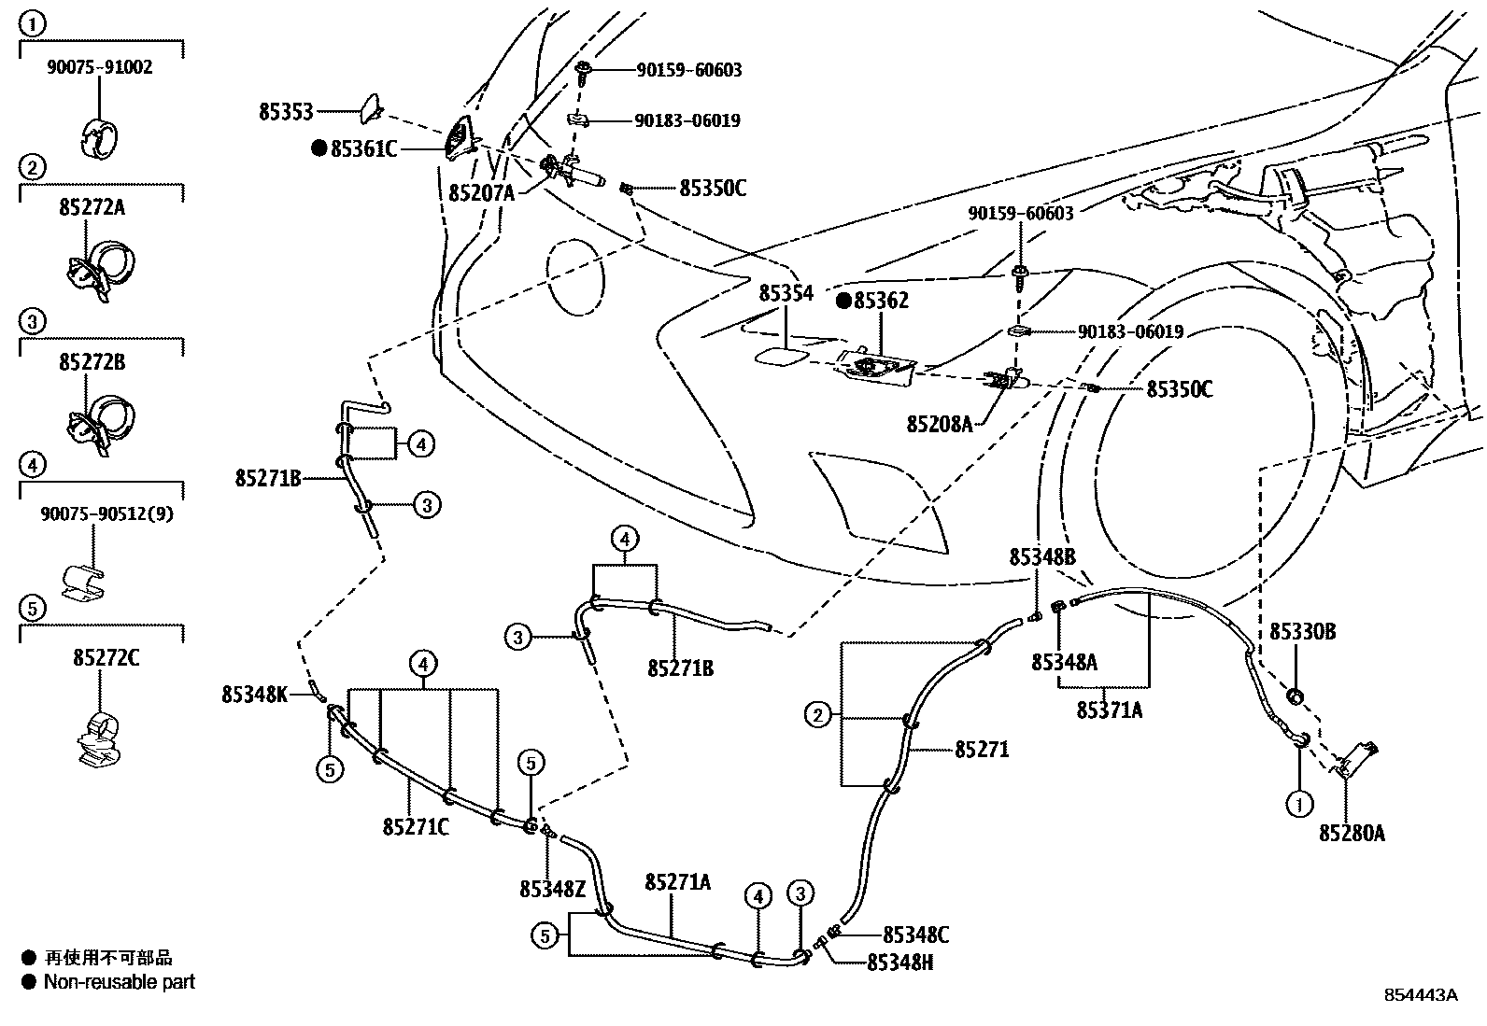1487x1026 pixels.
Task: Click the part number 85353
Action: pyautogui.click(x=286, y=112)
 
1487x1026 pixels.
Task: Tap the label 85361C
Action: pyautogui.click(x=363, y=149)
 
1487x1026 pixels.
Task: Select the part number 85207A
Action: pyautogui.click(x=481, y=193)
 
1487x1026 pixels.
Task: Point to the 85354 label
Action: pyautogui.click(x=786, y=292)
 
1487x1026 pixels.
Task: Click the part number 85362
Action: pyautogui.click(x=881, y=301)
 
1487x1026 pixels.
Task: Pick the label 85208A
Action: pyautogui.click(x=940, y=424)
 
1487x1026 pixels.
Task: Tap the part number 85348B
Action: pyautogui.click(x=1042, y=556)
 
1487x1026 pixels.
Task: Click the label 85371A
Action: pyautogui.click(x=1110, y=710)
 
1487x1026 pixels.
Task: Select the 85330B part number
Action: pyautogui.click(x=1302, y=631)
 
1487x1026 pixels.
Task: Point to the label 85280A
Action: pyautogui.click(x=1352, y=834)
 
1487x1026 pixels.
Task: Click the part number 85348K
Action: pyautogui.click(x=254, y=695)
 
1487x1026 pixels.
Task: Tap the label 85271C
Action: pyautogui.click(x=416, y=827)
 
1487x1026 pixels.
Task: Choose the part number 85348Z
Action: pyautogui.click(x=552, y=890)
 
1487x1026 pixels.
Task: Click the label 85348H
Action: pyautogui.click(x=900, y=963)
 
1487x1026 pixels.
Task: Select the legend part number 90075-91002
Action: pyautogui.click(x=100, y=67)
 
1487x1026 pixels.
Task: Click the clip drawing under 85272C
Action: pyautogui.click(x=100, y=739)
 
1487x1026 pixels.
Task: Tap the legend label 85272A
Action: pyautogui.click(x=92, y=208)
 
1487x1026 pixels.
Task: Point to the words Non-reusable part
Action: pyautogui.click(x=120, y=982)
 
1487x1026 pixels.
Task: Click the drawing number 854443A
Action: pyautogui.click(x=1421, y=995)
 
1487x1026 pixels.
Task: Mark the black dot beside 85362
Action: pyautogui.click(x=843, y=301)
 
